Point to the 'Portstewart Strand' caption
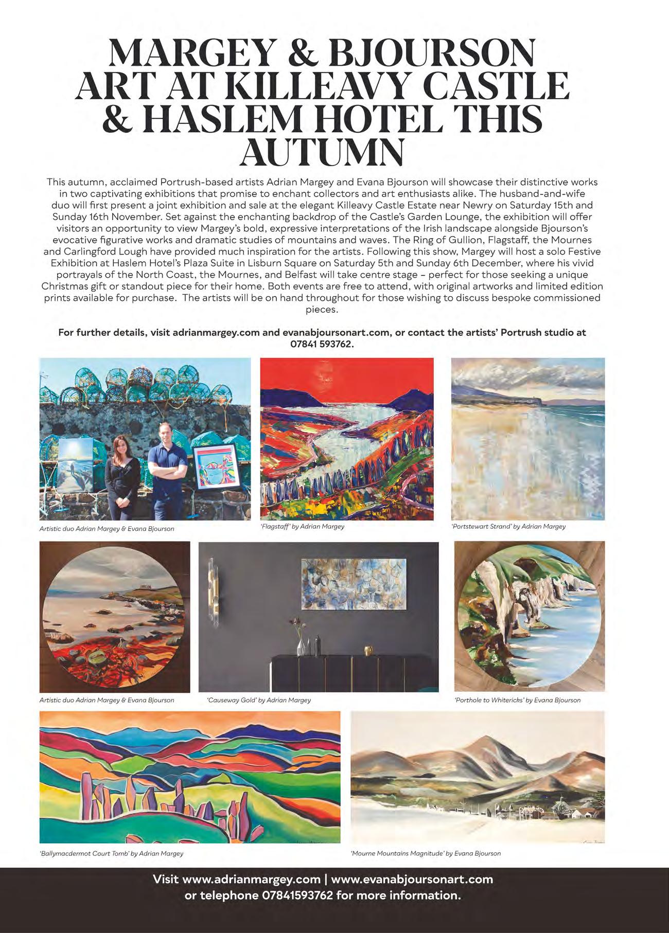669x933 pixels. pos(508,527)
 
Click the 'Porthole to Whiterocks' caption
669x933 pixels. pos(517,700)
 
